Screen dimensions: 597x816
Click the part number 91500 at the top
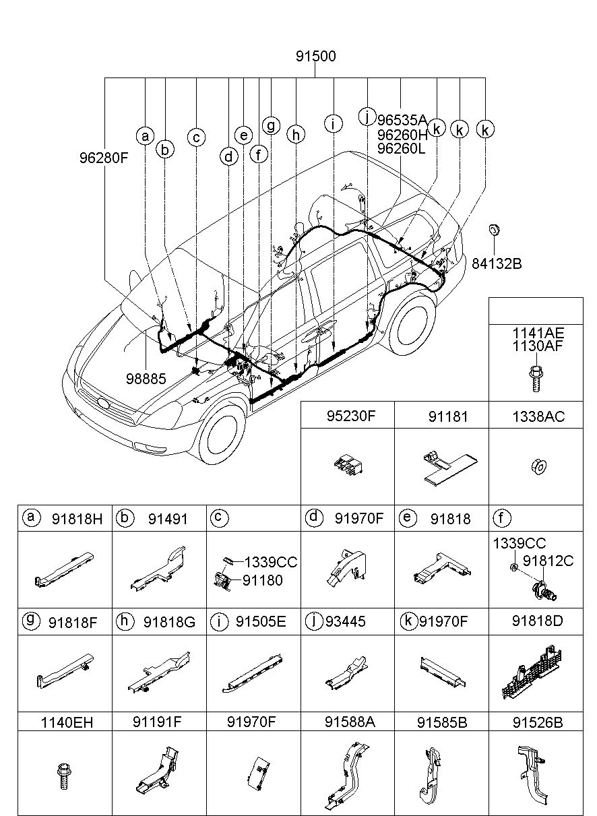click(315, 57)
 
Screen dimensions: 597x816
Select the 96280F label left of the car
click(104, 158)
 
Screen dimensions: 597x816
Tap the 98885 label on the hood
click(146, 379)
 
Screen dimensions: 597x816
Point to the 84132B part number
click(497, 263)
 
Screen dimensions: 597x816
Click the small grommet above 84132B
click(494, 230)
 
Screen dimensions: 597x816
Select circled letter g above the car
click(271, 126)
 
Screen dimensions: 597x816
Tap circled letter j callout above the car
click(367, 117)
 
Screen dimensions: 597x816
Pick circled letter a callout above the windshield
click(145, 136)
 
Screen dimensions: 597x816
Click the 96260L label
click(401, 149)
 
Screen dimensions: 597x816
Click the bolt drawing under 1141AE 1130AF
click(536, 379)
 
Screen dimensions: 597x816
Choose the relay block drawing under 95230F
click(348, 466)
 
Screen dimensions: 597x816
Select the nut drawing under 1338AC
click(539, 466)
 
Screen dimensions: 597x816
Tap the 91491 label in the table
click(168, 519)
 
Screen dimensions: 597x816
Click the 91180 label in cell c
click(263, 581)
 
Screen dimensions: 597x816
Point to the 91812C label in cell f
click(548, 561)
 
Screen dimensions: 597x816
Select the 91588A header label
click(350, 722)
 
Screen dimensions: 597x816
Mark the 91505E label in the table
click(261, 621)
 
